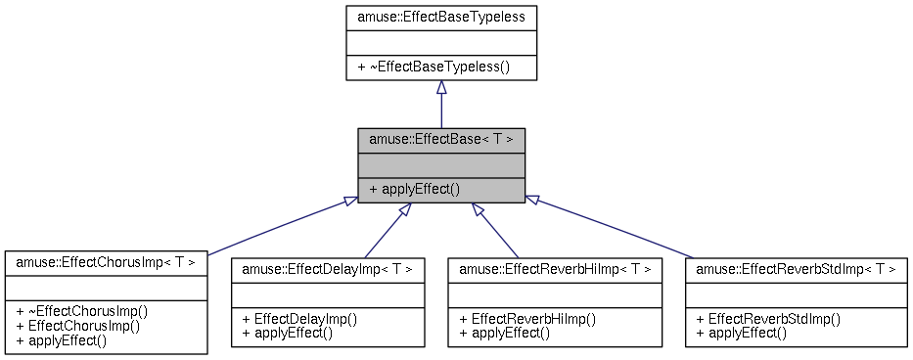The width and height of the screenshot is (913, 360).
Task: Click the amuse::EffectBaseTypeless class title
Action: click(x=441, y=17)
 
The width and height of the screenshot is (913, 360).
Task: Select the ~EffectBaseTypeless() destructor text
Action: click(x=441, y=67)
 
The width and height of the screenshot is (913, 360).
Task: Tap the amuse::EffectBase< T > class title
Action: click(x=441, y=139)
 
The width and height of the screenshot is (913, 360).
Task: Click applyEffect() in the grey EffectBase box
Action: click(x=415, y=189)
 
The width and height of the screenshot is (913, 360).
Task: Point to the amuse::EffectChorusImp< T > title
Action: click(x=106, y=262)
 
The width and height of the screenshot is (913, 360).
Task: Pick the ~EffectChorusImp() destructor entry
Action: click(x=82, y=311)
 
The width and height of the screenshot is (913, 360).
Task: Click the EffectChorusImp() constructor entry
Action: click(x=78, y=326)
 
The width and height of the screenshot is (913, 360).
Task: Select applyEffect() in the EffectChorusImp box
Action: click(x=62, y=340)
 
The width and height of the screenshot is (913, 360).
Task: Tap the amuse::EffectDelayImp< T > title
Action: click(x=327, y=268)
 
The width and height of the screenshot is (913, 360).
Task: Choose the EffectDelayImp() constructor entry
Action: click(x=299, y=318)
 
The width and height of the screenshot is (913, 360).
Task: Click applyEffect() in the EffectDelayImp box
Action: click(x=288, y=333)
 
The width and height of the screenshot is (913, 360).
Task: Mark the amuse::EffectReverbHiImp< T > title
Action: click(x=555, y=268)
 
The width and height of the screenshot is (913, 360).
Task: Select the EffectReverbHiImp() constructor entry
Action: click(x=527, y=318)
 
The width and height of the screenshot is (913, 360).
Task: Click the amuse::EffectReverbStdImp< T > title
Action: click(x=796, y=268)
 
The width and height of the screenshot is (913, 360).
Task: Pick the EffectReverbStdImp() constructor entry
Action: click(x=768, y=318)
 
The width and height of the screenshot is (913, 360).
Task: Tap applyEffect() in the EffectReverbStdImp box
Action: click(x=741, y=333)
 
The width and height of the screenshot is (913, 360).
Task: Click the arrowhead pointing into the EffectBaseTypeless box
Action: click(x=441, y=88)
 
